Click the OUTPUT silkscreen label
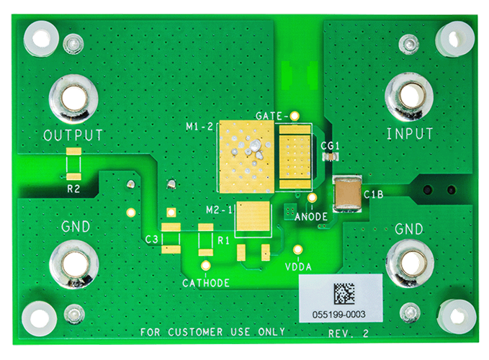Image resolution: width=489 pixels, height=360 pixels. click(x=73, y=135)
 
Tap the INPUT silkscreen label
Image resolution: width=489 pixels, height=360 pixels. click(x=410, y=134)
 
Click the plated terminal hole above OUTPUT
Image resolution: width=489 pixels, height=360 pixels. click(x=73, y=99)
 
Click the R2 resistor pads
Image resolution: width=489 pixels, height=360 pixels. click(x=73, y=164)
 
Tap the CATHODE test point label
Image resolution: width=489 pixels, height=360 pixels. click(x=206, y=283)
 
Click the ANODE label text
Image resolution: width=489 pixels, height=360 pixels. click(x=312, y=216)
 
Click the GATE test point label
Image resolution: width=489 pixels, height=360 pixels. click(x=272, y=116)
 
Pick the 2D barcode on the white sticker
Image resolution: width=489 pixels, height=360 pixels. click(x=344, y=294)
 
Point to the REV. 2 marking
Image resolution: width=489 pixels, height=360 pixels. click(x=349, y=333)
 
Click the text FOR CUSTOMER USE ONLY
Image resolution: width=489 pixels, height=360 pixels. click(x=212, y=332)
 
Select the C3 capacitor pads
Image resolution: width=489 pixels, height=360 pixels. click(x=171, y=238)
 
